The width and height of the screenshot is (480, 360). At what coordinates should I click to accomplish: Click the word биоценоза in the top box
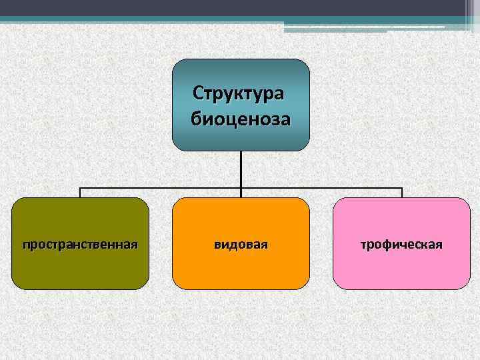pyautogui.click(x=241, y=119)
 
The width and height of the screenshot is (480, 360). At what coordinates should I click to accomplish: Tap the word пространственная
pyautogui.click(x=80, y=245)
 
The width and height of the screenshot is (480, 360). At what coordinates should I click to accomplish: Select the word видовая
pyautogui.click(x=241, y=245)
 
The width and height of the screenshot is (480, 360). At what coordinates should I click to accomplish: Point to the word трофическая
pyautogui.click(x=401, y=245)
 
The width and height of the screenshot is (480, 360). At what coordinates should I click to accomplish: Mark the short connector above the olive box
pyautogui.click(x=80, y=193)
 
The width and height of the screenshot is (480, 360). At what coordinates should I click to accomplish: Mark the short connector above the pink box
pyautogui.click(x=402, y=193)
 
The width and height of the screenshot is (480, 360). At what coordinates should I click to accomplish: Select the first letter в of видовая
pyautogui.click(x=217, y=245)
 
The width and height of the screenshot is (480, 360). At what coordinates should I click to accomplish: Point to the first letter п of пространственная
pyautogui.click(x=26, y=245)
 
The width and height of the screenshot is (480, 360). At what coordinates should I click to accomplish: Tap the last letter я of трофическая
pyautogui.click(x=439, y=245)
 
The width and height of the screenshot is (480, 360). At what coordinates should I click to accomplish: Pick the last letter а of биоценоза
pyautogui.click(x=285, y=120)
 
